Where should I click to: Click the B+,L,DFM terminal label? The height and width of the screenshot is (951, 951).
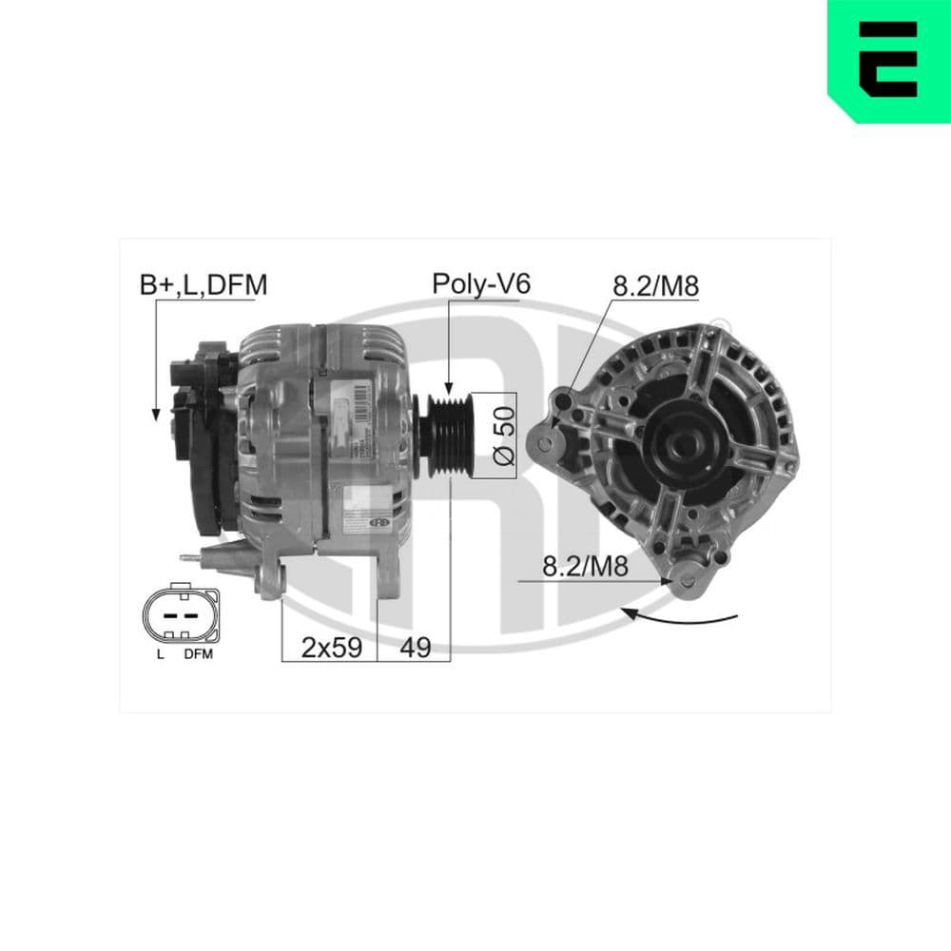point(203,283)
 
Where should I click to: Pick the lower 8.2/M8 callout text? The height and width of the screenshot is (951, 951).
point(585,567)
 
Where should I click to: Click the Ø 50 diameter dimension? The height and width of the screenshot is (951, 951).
point(504,435)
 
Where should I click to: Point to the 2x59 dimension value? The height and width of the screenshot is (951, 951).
point(331,648)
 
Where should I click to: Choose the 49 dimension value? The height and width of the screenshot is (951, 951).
point(415,648)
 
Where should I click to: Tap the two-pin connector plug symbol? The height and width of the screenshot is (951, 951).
point(180,614)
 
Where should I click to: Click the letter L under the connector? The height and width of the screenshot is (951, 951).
point(161,654)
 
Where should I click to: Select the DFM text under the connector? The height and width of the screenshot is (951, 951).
point(198,654)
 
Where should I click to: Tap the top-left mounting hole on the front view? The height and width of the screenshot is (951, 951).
point(569,400)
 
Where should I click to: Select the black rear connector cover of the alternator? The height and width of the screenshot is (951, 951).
point(202,437)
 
